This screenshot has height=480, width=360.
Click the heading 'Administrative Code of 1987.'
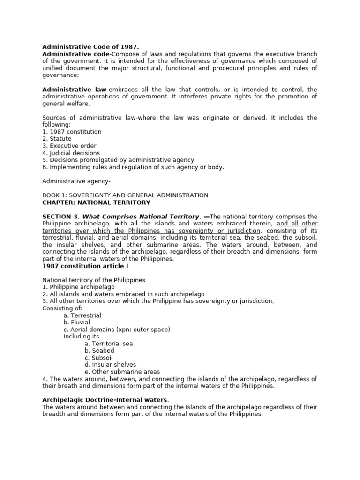point(84,47)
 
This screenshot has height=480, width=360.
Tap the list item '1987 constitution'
point(72,132)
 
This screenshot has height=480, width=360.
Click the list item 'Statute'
point(57,139)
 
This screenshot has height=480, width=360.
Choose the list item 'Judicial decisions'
point(71,153)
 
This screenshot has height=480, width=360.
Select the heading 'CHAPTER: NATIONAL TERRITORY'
point(97,202)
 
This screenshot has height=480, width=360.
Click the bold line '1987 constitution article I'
point(85,266)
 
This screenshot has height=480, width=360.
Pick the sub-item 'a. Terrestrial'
point(82,315)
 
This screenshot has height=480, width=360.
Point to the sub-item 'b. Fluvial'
point(77,322)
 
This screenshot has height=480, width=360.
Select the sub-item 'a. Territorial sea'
point(109,344)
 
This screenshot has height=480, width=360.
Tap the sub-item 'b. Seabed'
point(99,351)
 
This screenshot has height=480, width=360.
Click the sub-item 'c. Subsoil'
point(99,358)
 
